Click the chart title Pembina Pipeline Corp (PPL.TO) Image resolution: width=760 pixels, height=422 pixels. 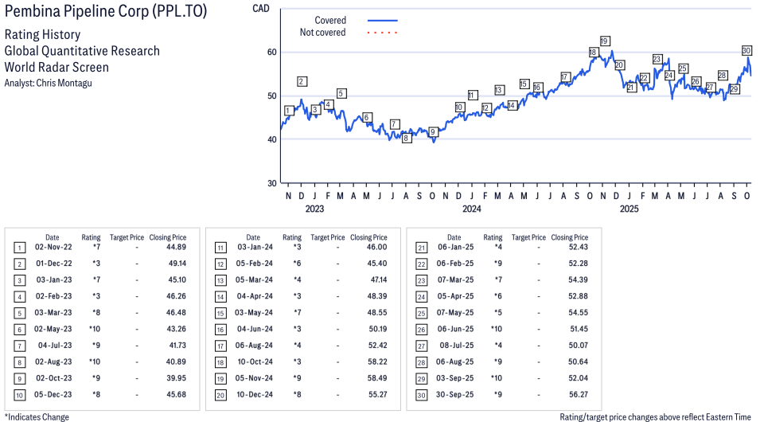[x=105, y=14]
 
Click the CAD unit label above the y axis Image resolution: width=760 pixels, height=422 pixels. [x=260, y=8]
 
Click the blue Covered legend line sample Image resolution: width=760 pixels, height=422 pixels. [x=382, y=21]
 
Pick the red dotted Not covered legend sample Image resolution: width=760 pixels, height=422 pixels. [x=382, y=33]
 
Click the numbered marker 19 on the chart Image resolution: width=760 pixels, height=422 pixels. [x=605, y=41]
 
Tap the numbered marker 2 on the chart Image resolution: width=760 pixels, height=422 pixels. [x=302, y=81]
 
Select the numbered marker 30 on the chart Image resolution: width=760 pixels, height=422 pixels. [x=746, y=50]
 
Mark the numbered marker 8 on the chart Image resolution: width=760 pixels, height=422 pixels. [x=406, y=138]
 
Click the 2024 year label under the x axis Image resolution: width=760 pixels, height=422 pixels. [x=472, y=209]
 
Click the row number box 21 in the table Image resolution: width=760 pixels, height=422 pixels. [x=420, y=248]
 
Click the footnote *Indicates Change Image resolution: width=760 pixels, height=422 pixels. [x=37, y=416]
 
